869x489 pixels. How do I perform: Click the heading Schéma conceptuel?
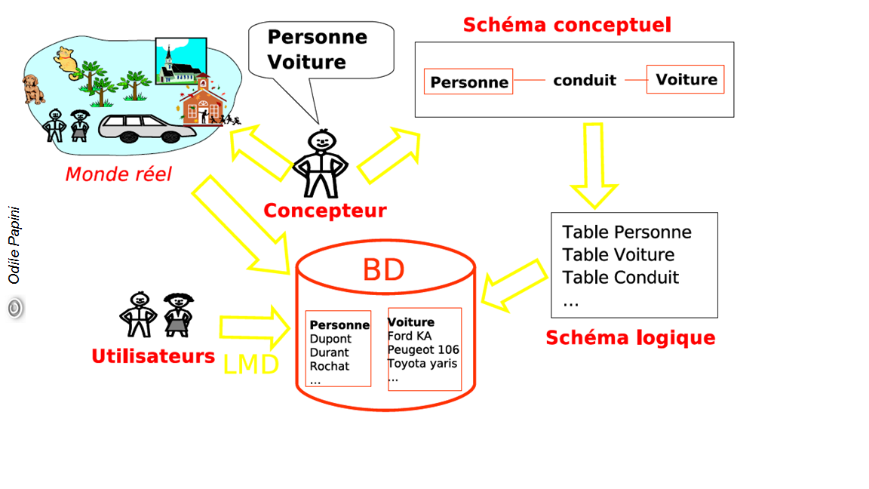567,25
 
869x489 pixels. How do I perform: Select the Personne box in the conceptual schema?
468,81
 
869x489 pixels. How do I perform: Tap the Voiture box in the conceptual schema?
686,79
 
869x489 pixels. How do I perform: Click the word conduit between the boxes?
585,80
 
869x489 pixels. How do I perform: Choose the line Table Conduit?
620,278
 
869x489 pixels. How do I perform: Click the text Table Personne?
626,232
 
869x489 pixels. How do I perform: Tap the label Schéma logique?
630,337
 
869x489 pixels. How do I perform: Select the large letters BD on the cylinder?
383,270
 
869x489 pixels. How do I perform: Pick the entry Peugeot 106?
423,350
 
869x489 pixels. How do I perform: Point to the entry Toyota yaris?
422,364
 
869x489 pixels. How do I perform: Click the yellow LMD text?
251,365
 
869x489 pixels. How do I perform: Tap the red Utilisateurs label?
153,356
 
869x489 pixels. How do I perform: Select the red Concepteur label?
324,211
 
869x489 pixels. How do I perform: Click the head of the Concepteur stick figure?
321,140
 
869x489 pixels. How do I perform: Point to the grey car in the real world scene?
146,128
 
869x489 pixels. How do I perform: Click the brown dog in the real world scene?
32,88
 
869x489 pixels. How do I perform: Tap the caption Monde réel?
118,174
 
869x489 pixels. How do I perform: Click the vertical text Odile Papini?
14,245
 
